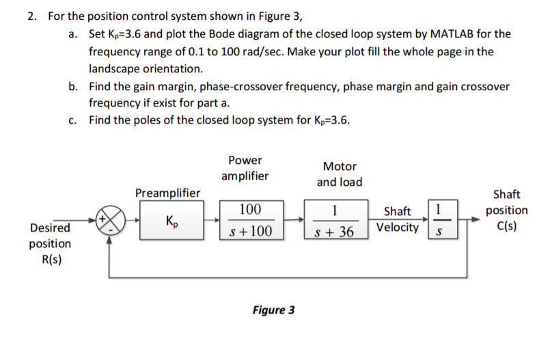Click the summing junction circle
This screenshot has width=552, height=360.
click(x=109, y=222)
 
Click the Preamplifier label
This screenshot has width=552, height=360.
click(x=168, y=193)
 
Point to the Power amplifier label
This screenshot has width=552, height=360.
click(x=245, y=168)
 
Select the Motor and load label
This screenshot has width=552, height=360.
click(x=340, y=174)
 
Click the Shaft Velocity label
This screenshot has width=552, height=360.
click(x=398, y=219)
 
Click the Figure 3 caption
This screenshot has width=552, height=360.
click(x=273, y=310)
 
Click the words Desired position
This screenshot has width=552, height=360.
click(x=50, y=236)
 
